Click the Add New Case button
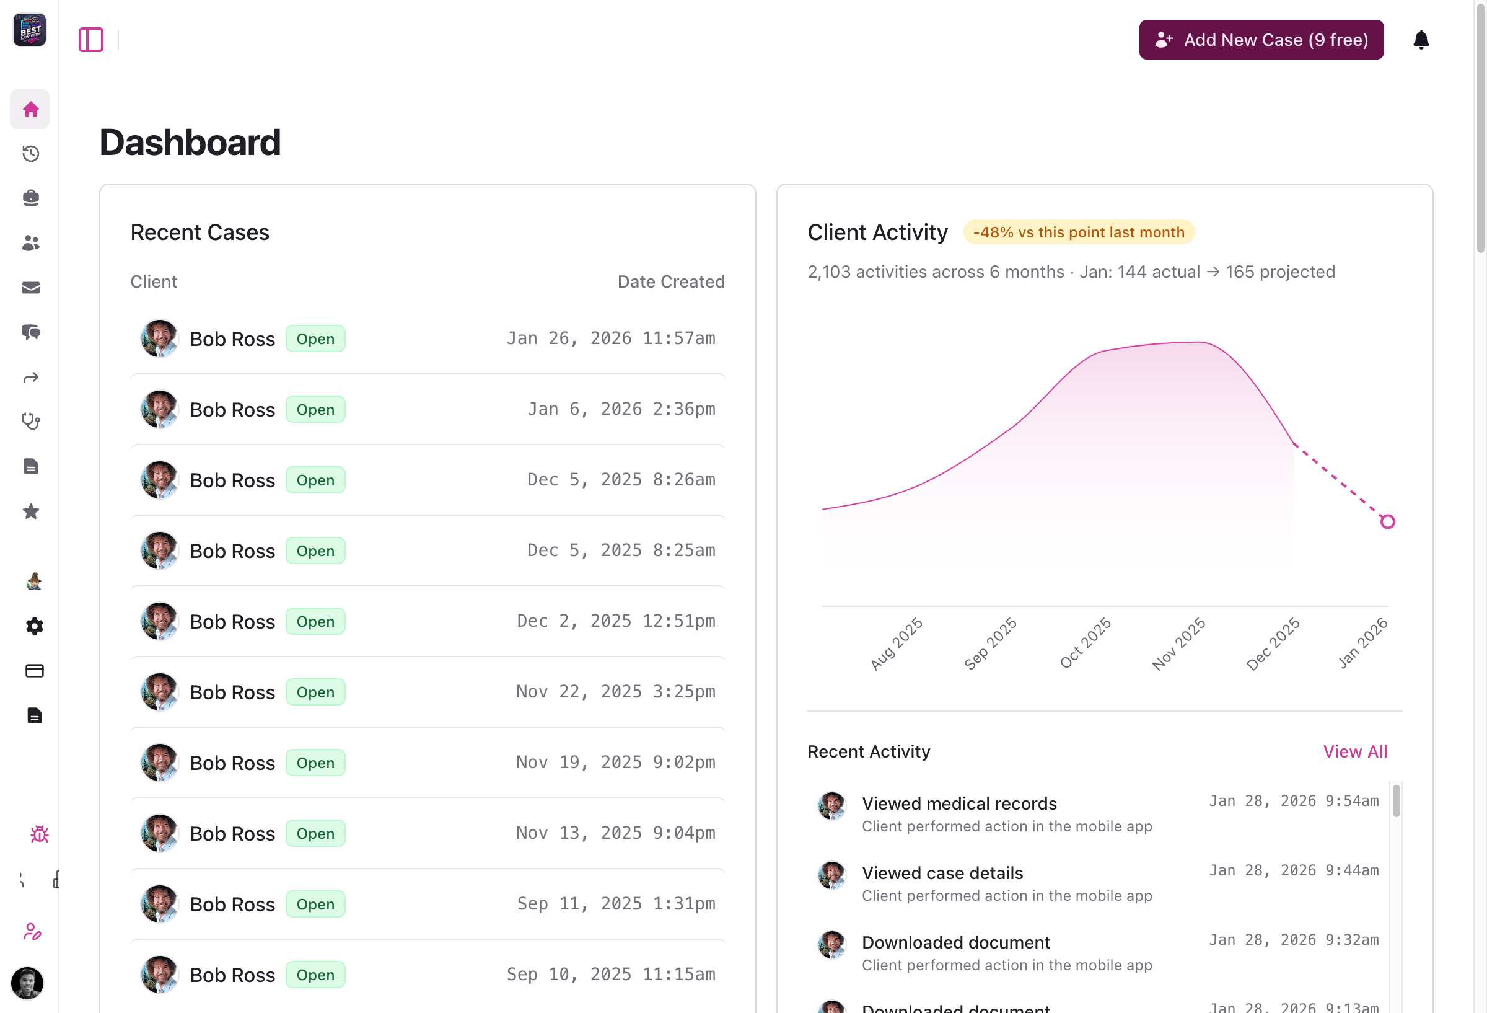coord(1260,40)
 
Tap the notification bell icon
coord(1421,40)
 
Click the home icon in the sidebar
coord(30,110)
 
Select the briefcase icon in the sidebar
coord(30,198)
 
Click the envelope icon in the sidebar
coord(30,288)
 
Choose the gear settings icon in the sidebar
coord(34,626)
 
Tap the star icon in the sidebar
coord(30,511)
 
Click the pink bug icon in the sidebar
coord(39,834)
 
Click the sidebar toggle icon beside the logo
coord(91,40)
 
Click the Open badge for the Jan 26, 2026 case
coord(315,338)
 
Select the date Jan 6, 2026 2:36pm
coord(621,409)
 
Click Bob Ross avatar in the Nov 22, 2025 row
coord(159,691)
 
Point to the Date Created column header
coord(670,281)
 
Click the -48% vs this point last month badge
coord(1078,232)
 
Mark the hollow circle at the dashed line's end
coord(1387,522)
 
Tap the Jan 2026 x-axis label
coord(1362,643)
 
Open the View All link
coord(1354,751)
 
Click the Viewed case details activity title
coord(942,873)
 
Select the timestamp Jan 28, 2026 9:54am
coord(1293,801)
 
